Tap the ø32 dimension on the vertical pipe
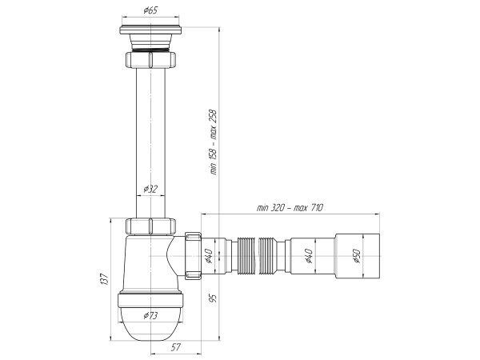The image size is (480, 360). coord(150,190)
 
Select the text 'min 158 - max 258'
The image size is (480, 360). coord(214,141)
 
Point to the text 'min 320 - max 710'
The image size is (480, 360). coord(290,208)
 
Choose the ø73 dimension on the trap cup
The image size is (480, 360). coord(150,315)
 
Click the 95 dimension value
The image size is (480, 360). coord(214,298)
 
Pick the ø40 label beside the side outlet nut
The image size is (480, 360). coord(208,256)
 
